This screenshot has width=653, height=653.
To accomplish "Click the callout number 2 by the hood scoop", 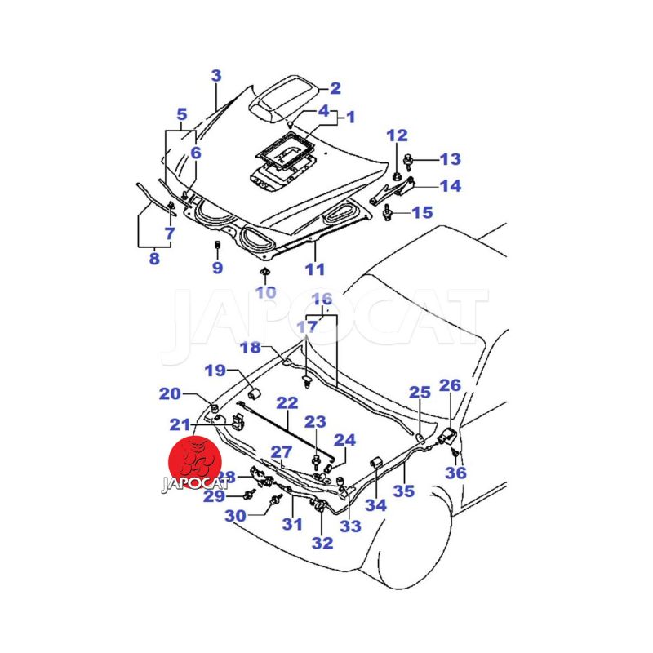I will point(335,89).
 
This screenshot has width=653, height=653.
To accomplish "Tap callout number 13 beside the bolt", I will point(450,158).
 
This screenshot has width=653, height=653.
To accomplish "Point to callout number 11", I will point(315,269).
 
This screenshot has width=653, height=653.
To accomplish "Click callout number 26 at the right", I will point(450,385).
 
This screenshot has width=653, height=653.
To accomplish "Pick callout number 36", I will point(455,473).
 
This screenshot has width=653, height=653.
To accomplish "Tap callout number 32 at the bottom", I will point(322,542).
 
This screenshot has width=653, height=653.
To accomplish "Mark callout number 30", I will point(235,515).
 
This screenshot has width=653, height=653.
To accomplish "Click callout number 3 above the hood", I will point(216,76).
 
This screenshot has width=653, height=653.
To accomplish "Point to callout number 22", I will point(287,402).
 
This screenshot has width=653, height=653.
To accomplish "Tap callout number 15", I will point(421,213).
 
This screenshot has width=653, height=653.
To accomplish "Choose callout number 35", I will point(404,491).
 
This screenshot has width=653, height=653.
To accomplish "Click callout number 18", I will point(250,348).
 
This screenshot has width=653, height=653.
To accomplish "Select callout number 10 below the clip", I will point(265,292).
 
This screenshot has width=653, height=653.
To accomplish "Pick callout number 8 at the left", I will point(153,260).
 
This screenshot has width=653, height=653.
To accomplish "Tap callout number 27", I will point(281,452).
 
